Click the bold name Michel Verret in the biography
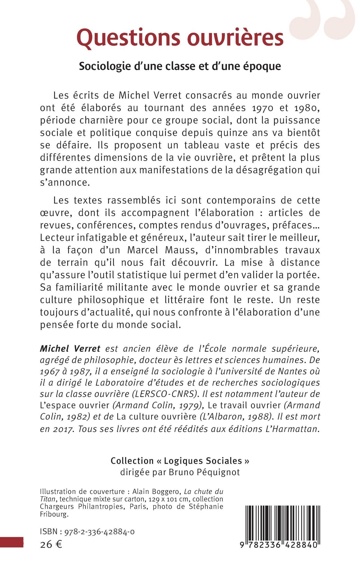(x=70, y=349)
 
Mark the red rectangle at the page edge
(x=12, y=542)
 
